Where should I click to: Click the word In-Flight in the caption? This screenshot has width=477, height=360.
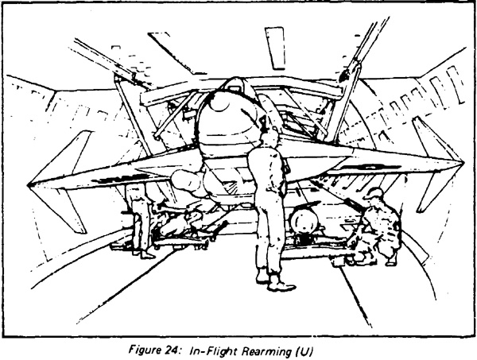(x=213, y=352)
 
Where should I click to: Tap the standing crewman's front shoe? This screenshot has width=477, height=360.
(x=282, y=285)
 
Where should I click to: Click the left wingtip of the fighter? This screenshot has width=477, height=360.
(x=29, y=184)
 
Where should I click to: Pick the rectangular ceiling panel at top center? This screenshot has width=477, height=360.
(x=275, y=48)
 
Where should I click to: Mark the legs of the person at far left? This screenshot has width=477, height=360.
(x=141, y=231)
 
